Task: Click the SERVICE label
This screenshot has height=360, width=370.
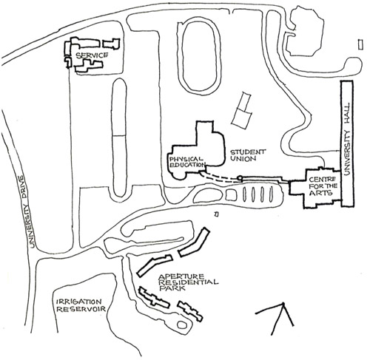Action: [x=92, y=55]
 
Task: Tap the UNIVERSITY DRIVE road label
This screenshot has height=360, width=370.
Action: [x=27, y=211]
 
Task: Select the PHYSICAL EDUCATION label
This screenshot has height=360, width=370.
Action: [x=187, y=162]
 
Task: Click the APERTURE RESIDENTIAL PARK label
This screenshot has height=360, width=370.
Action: [x=189, y=282]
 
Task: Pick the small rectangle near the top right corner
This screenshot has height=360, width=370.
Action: [x=360, y=45]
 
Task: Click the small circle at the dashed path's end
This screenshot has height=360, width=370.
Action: [x=239, y=177]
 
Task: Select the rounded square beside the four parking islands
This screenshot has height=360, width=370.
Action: [x=232, y=194]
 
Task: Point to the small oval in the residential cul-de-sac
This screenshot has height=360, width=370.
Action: [x=182, y=325]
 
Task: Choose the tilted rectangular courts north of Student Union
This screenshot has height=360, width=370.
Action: [x=243, y=110]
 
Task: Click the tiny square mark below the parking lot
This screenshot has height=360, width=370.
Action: [x=216, y=214]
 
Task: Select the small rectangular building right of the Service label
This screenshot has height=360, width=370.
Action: [x=111, y=44]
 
